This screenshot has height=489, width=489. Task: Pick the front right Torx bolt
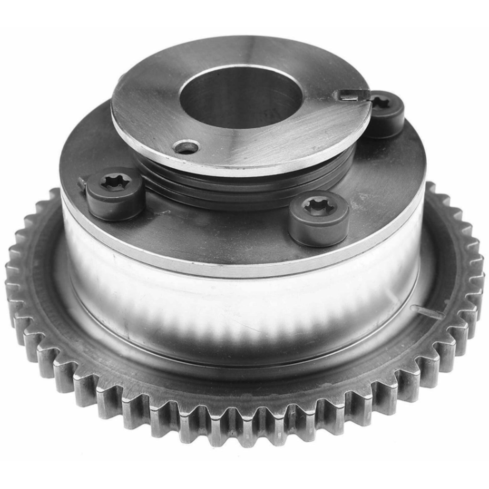point(319,218)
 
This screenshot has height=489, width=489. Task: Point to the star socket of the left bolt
point(116,182)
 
